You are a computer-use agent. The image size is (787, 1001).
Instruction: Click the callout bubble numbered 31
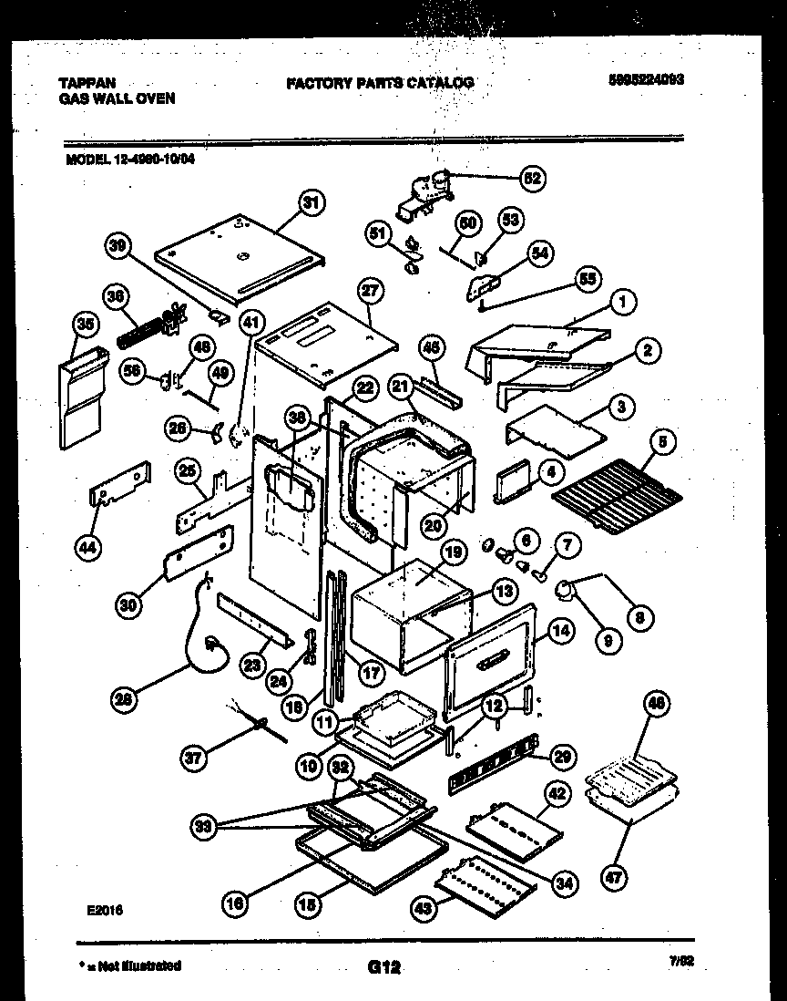(312, 204)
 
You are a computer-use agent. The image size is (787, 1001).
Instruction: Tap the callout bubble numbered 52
(532, 179)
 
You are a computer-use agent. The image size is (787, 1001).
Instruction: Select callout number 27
(369, 292)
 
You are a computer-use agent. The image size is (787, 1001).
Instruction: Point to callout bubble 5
(662, 444)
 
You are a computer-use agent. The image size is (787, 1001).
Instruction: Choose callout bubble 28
(123, 700)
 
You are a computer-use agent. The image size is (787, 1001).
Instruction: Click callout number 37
(193, 756)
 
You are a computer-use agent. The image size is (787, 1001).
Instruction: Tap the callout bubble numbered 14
(560, 629)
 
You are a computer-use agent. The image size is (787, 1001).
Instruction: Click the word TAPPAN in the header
(87, 82)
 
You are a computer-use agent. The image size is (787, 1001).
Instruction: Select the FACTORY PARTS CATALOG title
(379, 83)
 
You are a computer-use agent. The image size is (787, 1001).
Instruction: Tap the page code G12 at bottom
(384, 967)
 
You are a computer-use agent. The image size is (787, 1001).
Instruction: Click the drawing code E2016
(105, 909)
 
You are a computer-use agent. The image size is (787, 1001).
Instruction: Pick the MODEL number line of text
(130, 156)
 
